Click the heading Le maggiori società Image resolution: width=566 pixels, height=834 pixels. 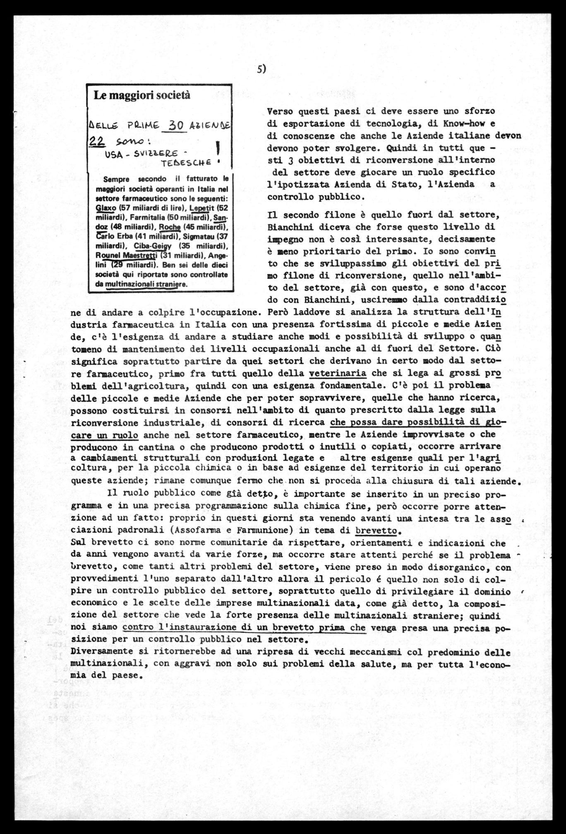tap(142, 95)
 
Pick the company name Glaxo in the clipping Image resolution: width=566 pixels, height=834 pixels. tap(103, 208)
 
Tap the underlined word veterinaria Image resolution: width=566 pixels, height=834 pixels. tap(337, 373)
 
